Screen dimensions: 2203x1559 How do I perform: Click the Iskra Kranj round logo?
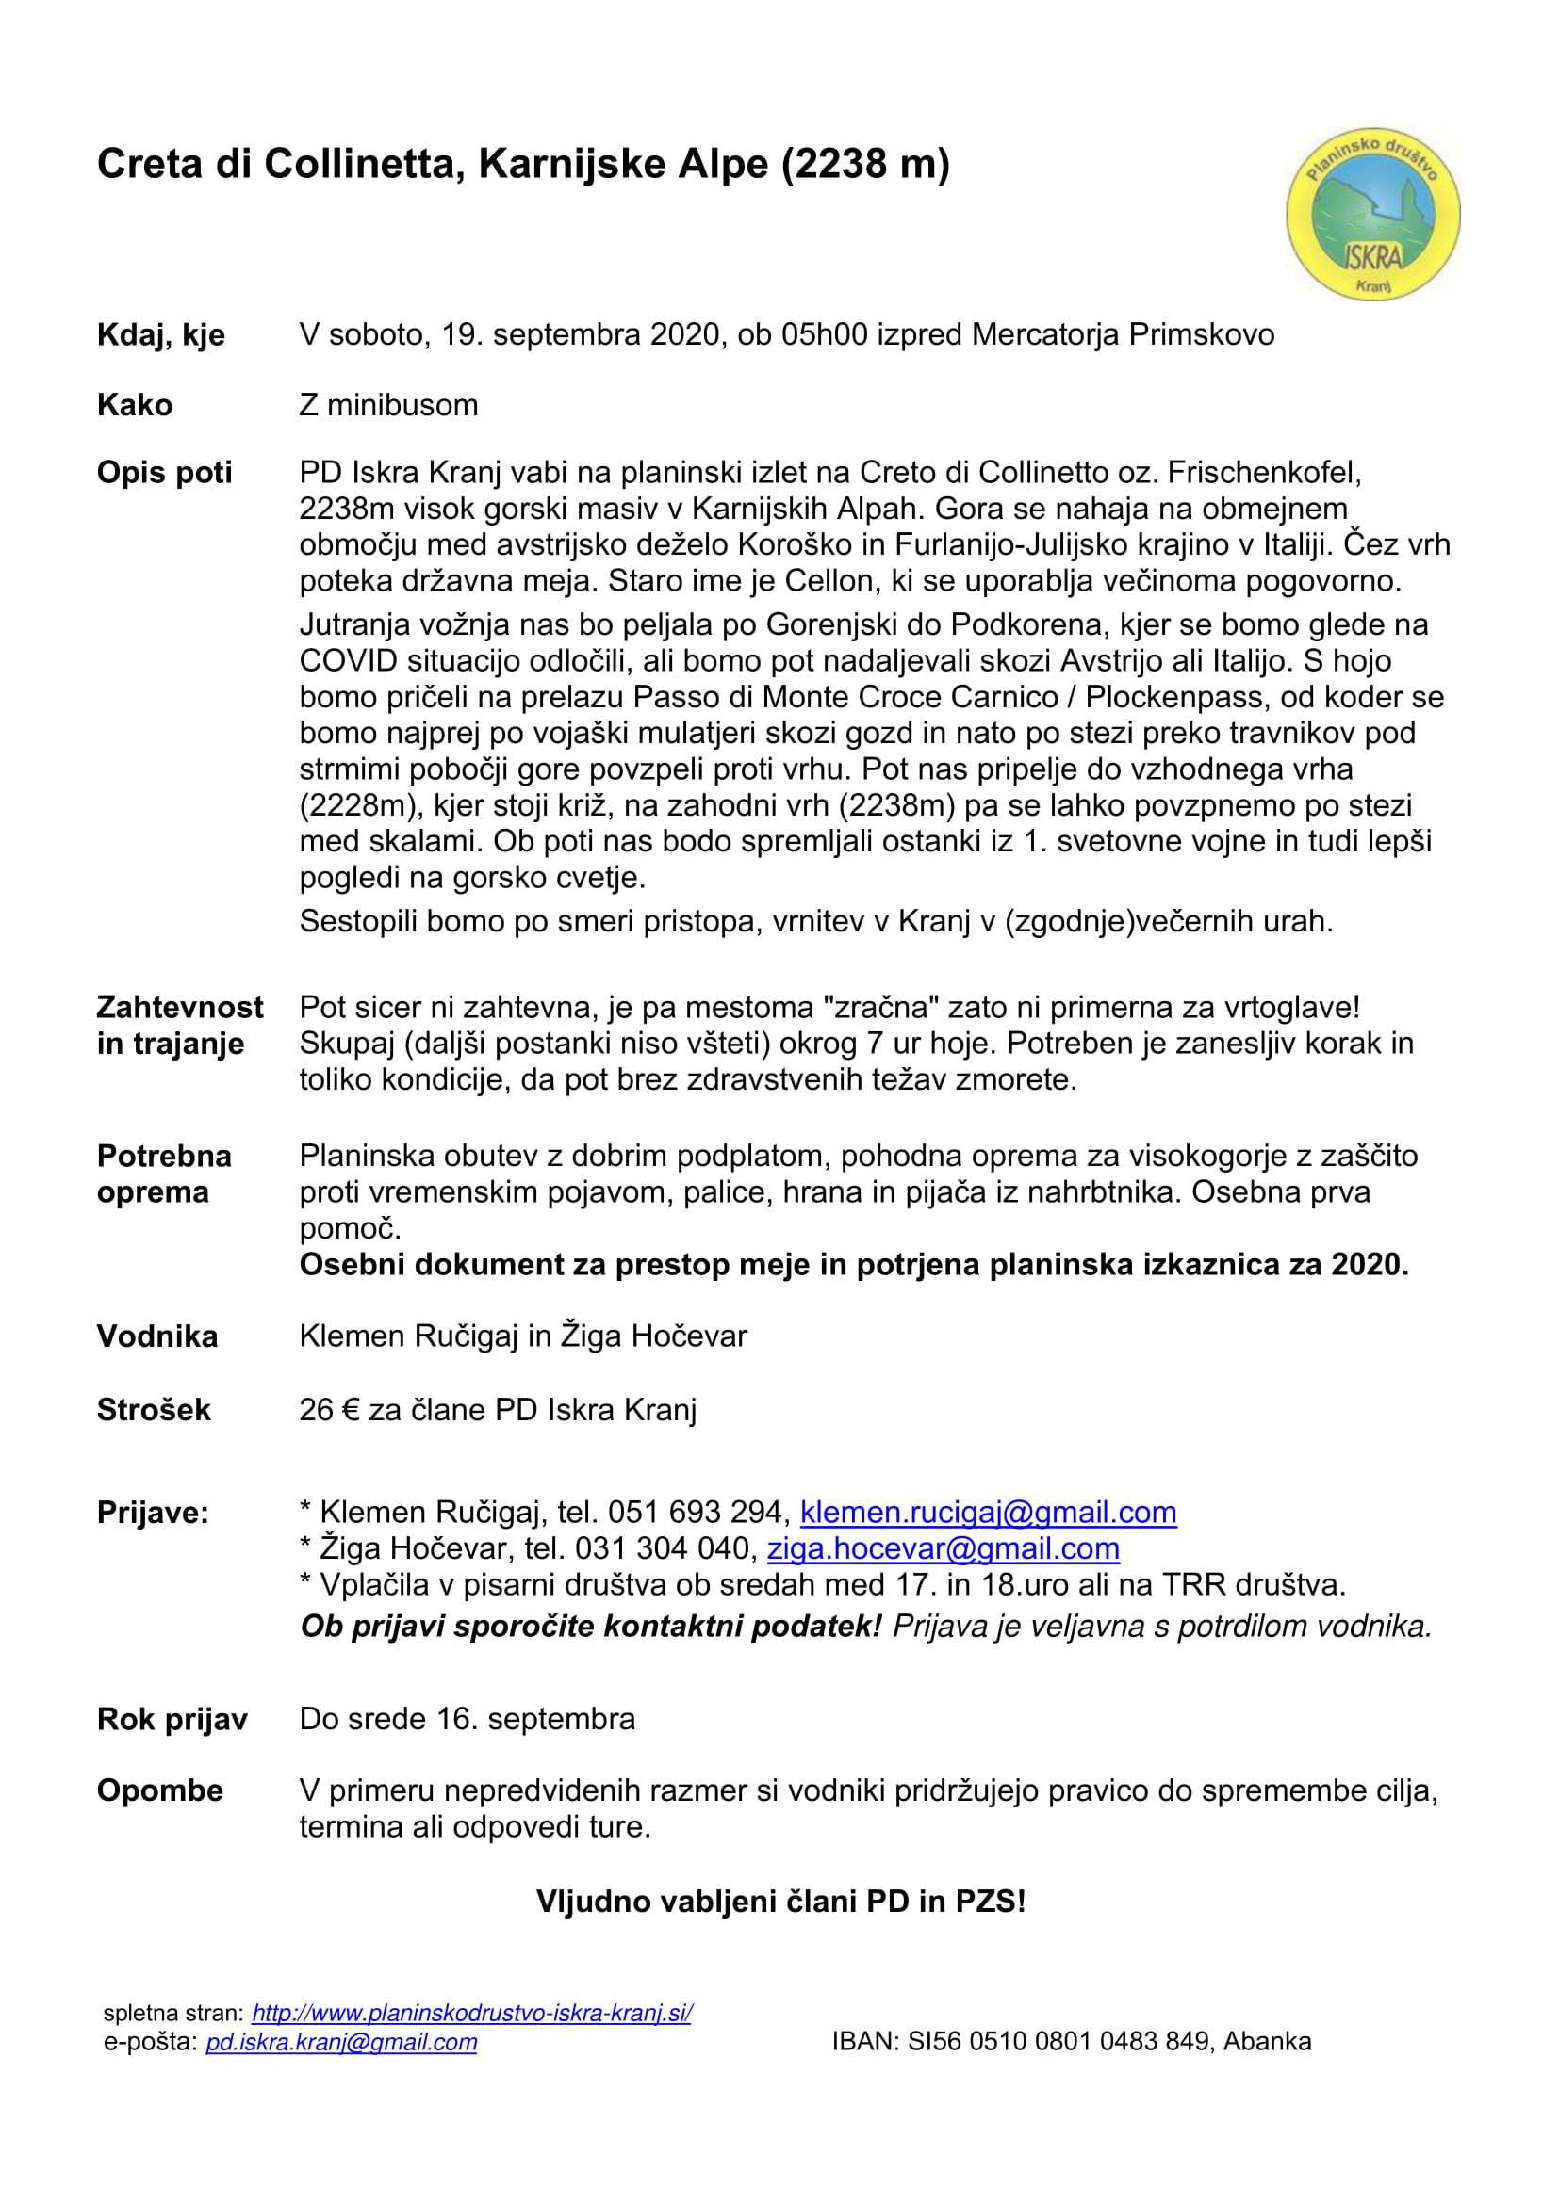[x=1372, y=214]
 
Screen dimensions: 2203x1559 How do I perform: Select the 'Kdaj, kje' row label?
[x=160, y=335]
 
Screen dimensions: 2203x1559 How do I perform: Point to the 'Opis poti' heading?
[x=164, y=473]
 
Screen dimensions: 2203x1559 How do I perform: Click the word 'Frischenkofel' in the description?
[x=1262, y=473]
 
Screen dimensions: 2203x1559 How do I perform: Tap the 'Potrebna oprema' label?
[x=164, y=1174]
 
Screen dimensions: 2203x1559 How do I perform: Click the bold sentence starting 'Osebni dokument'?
[x=853, y=1265]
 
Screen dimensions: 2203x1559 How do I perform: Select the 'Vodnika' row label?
[x=157, y=1336]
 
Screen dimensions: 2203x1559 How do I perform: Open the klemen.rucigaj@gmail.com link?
[x=988, y=1513]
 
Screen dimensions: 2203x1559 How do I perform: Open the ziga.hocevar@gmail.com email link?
[x=943, y=1548]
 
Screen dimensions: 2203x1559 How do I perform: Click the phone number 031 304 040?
[x=662, y=1548]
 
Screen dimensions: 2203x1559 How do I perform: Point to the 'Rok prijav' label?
[x=172, y=1720]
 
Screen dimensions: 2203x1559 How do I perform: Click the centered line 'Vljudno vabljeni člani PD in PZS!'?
[x=780, y=1902]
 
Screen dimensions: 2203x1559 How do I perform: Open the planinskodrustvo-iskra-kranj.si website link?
[x=471, y=2013]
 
